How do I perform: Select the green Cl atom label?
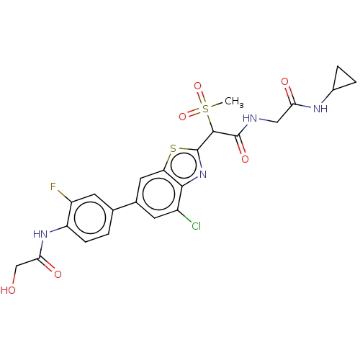[196, 227]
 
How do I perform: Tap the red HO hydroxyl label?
[9, 290]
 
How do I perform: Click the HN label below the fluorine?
[40, 234]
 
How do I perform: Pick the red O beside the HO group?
[58, 274]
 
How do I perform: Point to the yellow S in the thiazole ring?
[173, 149]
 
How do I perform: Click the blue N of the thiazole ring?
[203, 174]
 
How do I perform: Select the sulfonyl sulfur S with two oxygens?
[205, 109]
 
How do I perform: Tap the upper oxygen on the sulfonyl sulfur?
[197, 86]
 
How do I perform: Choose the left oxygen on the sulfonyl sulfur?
[183, 116]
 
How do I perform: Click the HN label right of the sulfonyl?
[250, 119]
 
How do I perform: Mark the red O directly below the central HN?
[245, 159]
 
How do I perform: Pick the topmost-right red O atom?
[284, 81]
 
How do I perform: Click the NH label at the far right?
[320, 109]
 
